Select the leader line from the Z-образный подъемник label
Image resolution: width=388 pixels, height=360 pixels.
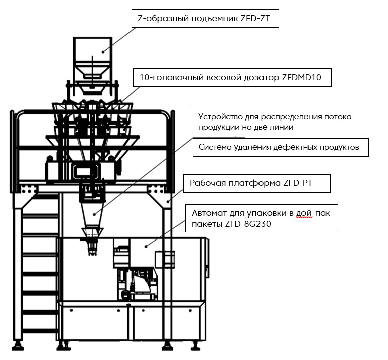(120, 38)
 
